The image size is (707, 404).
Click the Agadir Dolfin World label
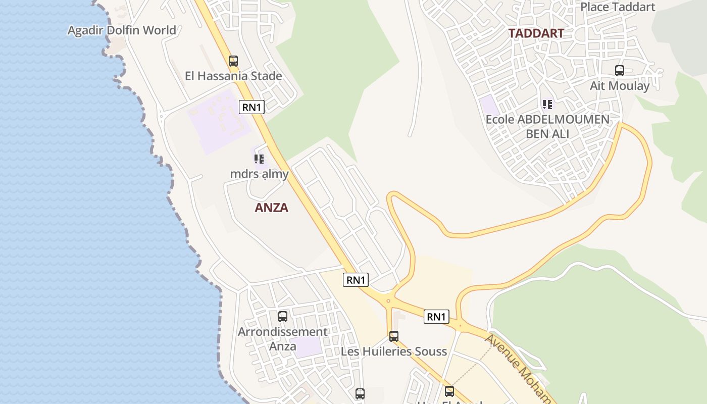pyautogui.click(x=122, y=30)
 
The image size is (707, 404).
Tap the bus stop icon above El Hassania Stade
pyautogui.click(x=233, y=61)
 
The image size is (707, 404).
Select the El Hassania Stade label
pyautogui.click(x=233, y=76)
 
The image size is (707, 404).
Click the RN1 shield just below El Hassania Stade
pyautogui.click(x=251, y=107)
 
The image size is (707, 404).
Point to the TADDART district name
pyautogui.click(x=536, y=33)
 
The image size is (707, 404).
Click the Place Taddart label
pyautogui.click(x=617, y=7)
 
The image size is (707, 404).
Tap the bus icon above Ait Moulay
pyautogui.click(x=620, y=71)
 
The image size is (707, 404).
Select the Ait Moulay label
pyautogui.click(x=620, y=86)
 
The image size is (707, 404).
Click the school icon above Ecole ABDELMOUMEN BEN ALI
pyautogui.click(x=547, y=105)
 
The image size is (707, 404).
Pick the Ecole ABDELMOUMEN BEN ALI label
pyautogui.click(x=547, y=127)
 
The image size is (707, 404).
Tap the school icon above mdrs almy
pyautogui.click(x=259, y=159)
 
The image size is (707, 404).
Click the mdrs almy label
pyautogui.click(x=259, y=174)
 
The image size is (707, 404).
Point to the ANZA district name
pyautogui.click(x=271, y=208)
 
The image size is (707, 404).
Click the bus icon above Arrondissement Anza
pyautogui.click(x=283, y=317)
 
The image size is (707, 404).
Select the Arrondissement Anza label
pyautogui.click(x=283, y=339)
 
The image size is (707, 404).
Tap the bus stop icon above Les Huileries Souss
pyautogui.click(x=394, y=336)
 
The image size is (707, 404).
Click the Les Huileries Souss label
pyautogui.click(x=394, y=351)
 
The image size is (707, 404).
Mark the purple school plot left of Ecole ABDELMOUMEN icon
pyautogui.click(x=488, y=105)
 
